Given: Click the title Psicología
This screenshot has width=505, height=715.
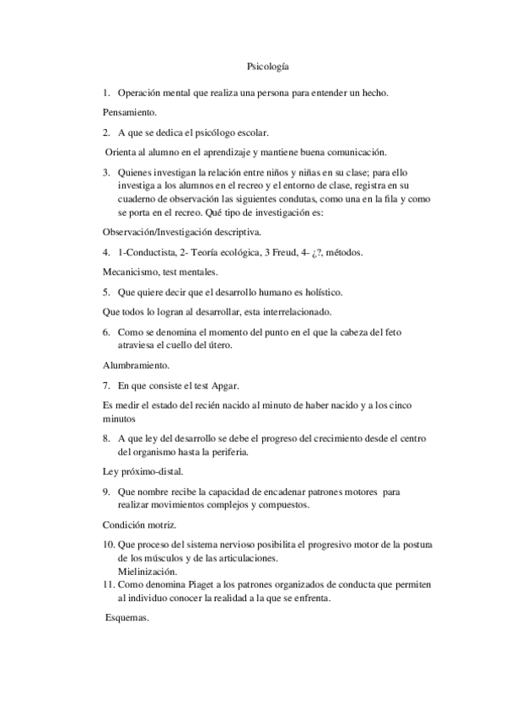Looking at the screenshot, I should (x=268, y=66).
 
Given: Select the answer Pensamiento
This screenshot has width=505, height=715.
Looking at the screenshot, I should (x=130, y=111).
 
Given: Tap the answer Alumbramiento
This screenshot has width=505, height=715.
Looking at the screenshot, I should (x=136, y=366).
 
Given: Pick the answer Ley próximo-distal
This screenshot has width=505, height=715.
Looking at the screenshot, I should (x=142, y=471).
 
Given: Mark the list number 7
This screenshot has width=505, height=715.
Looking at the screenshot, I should (x=106, y=386).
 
